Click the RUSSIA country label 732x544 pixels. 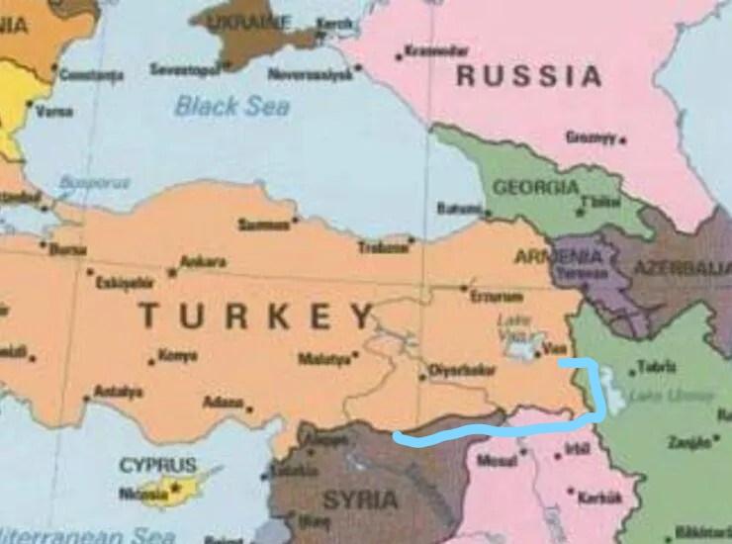[528, 76]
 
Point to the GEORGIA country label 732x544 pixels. [535, 187]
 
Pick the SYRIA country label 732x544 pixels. [361, 499]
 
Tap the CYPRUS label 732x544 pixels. [157, 464]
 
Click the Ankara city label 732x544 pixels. [203, 263]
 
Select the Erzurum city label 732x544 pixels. [497, 296]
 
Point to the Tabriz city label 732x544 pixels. [657, 366]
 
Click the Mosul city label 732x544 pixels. [497, 461]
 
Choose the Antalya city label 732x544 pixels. [119, 392]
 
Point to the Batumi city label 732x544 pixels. [458, 209]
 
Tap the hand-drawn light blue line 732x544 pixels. [495, 428]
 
